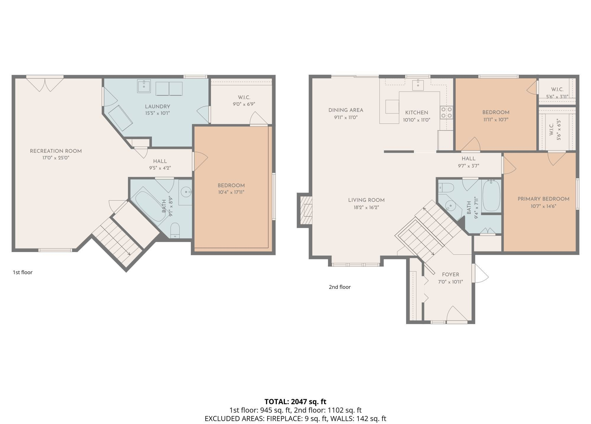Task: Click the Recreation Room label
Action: point(56,151)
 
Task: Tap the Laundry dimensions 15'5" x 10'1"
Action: point(157,113)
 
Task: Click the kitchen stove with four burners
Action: point(446,112)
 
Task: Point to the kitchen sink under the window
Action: point(418,85)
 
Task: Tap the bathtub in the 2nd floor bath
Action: point(491,196)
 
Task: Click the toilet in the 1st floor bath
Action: point(175,230)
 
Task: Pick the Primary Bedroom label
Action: point(543,199)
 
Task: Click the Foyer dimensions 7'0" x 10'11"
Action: point(450,282)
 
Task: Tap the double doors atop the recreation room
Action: point(45,84)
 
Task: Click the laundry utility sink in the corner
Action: point(144,86)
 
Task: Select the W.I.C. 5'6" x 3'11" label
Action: point(557,93)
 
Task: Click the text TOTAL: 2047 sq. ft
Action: point(295,402)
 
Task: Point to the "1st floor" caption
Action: point(22,272)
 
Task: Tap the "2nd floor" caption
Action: point(340,287)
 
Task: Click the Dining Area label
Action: point(346,110)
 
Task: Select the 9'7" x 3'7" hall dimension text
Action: point(468,166)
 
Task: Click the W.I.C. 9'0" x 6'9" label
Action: point(244,101)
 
